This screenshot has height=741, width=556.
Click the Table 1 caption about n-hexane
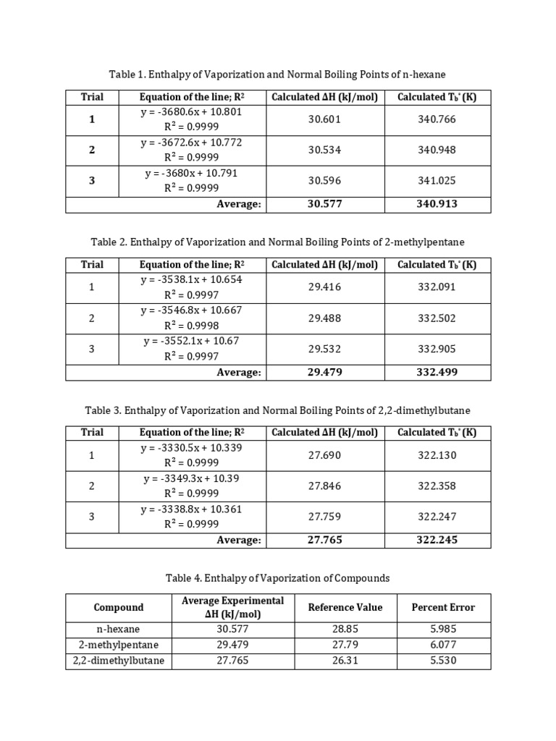pyautogui.click(x=278, y=74)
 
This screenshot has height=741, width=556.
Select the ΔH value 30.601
pyautogui.click(x=324, y=119)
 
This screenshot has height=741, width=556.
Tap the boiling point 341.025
pyautogui.click(x=437, y=181)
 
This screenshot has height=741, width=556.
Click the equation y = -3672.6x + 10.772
pyautogui.click(x=191, y=143)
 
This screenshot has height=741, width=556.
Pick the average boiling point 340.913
pyautogui.click(x=437, y=204)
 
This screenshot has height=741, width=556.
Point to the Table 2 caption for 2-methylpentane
pyautogui.click(x=278, y=242)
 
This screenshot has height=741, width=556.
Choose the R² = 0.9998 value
pyautogui.click(x=191, y=326)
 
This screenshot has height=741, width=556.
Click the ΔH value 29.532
pyautogui.click(x=324, y=349)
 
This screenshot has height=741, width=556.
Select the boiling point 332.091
pyautogui.click(x=437, y=287)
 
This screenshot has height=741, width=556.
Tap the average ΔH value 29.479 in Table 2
pyautogui.click(x=324, y=372)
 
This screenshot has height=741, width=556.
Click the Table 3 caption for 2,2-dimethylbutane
pyautogui.click(x=278, y=410)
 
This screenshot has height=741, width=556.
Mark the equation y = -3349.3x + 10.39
pyautogui.click(x=191, y=478)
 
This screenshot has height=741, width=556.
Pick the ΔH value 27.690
pyautogui.click(x=324, y=455)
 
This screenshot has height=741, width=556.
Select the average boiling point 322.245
pyautogui.click(x=437, y=540)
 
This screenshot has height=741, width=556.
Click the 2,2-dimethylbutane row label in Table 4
pyautogui.click(x=119, y=661)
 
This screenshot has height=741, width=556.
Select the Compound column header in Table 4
pyautogui.click(x=119, y=607)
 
